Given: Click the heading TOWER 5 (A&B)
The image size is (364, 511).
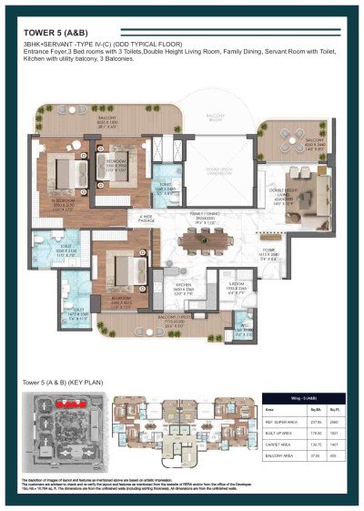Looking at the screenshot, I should (56, 35).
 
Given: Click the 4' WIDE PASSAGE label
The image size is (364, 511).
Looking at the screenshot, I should (146, 218).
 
